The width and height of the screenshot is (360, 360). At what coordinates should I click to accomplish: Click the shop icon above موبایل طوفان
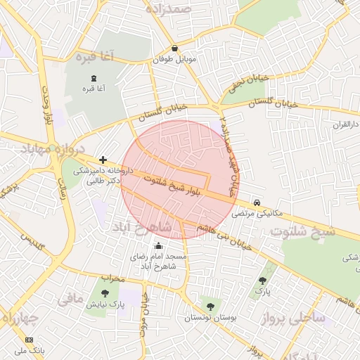coord(174,49)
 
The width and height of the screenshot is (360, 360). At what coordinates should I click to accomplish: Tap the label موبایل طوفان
coord(174,60)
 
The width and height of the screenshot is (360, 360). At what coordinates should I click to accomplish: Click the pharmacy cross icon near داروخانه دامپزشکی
coord(103,160)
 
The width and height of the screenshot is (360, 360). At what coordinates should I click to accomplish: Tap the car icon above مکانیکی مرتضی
coord(257,201)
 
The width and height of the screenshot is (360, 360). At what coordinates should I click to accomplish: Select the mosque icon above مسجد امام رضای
coord(158,245)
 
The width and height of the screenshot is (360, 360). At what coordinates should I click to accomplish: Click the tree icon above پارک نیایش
coord(105,292)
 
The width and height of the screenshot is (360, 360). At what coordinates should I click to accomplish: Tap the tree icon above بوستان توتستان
coord(210,305)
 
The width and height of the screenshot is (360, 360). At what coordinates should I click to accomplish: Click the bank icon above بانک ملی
coord(29,340)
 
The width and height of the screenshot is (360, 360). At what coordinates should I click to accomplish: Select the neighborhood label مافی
coord(70,299)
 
